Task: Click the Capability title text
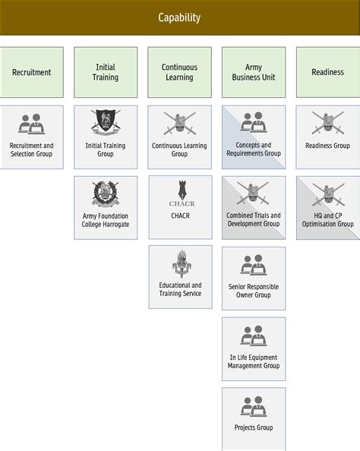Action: pos(179,17)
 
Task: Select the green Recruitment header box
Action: pos(31,72)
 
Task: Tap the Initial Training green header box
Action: pos(106,72)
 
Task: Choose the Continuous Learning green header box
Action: pos(179,72)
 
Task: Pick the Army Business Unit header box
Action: pos(254,72)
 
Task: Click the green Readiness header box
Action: pos(327,72)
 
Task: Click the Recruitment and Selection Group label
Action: pos(31,150)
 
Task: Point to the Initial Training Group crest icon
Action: pos(106,121)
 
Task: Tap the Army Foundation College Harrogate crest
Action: pos(106,194)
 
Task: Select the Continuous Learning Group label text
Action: pos(179,150)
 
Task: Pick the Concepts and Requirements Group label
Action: pos(254,150)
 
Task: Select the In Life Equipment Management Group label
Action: pos(254,361)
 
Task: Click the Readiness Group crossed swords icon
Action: pos(327,121)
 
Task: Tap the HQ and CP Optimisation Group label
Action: pos(327,220)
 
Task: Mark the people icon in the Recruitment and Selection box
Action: pos(31,123)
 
